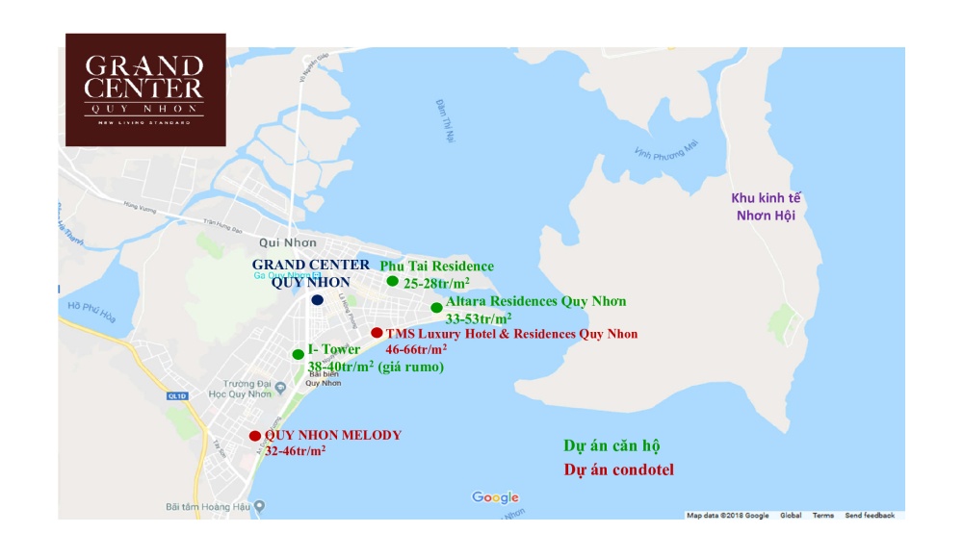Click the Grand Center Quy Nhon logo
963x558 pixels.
[x=145, y=89]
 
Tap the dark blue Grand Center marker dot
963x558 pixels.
[x=317, y=300]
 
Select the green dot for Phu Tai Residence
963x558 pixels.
[x=392, y=281]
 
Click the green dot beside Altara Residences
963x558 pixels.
[x=436, y=307]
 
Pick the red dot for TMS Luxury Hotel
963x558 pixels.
[x=376, y=333]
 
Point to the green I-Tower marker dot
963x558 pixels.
[x=298, y=354]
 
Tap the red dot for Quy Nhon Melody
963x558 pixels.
[x=254, y=436]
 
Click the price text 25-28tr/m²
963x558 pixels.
[x=437, y=283]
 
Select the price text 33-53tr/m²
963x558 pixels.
[x=479, y=317]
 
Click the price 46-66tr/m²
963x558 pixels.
[x=416, y=349]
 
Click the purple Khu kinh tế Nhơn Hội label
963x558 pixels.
[x=767, y=206]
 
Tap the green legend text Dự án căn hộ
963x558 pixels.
[x=612, y=446]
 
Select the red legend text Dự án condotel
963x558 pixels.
[x=618, y=470]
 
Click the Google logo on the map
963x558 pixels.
[x=495, y=497]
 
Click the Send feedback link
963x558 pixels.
[x=870, y=516]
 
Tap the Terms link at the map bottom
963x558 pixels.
[x=822, y=516]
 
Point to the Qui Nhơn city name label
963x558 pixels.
[x=282, y=243]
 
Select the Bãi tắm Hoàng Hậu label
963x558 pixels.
[x=208, y=506]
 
